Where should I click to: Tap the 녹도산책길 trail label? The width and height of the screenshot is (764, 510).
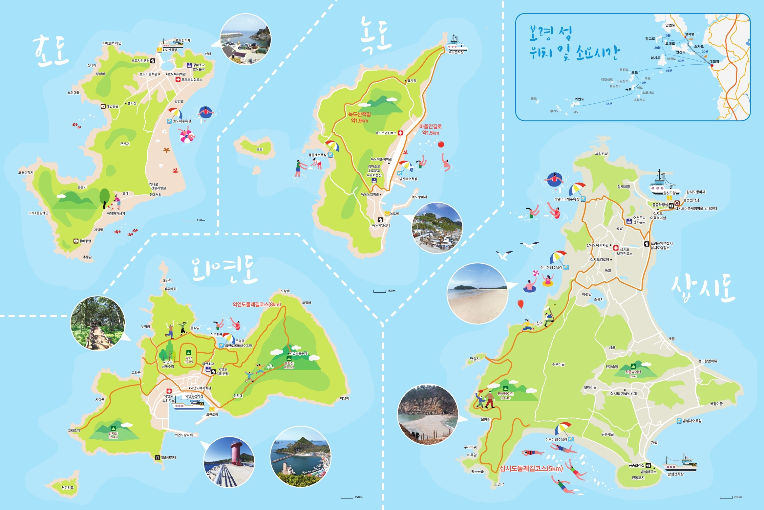359,114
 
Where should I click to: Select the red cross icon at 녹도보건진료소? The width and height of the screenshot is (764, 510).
400,133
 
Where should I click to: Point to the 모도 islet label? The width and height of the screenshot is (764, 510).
259,149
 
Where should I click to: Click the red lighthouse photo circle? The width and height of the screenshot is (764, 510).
229,462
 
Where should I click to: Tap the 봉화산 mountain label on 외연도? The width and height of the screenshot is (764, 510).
289,364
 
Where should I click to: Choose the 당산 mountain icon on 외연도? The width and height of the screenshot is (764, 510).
189,352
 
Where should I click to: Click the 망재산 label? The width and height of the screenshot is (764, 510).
113,433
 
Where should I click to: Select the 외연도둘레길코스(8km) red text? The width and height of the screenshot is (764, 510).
257,304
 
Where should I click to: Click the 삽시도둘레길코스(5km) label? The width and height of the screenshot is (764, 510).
531,469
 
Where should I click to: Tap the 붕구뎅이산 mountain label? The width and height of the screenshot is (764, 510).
505,393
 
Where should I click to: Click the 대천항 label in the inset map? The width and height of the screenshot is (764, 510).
714,61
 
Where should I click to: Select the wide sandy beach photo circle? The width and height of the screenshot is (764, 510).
477,293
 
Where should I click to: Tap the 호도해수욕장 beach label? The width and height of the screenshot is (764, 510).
182,121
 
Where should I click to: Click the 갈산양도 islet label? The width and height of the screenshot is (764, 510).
68,487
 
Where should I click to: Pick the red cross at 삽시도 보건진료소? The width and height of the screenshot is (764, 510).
616,248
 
